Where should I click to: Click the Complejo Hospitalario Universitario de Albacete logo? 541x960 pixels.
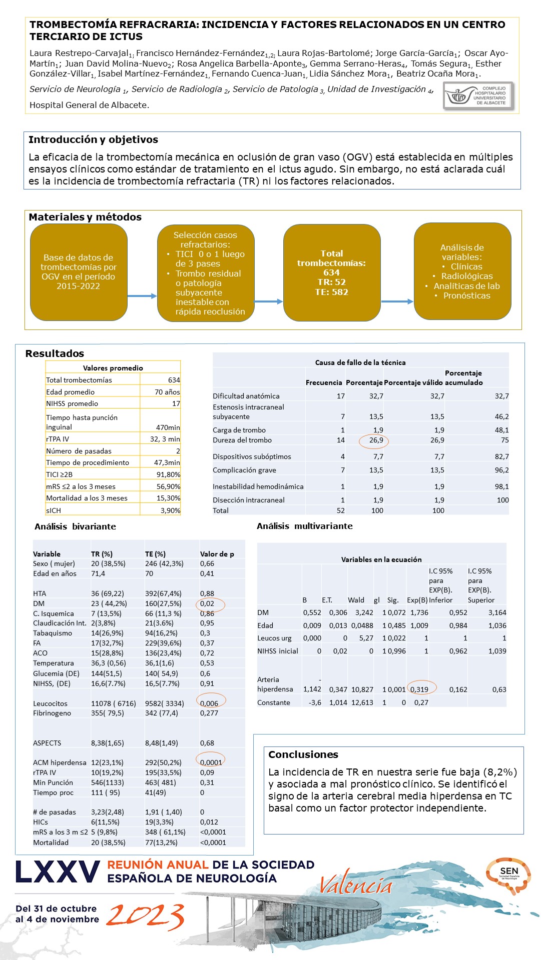(478, 95)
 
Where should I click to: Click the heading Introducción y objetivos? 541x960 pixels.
(93, 140)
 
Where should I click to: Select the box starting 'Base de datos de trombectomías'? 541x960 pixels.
(79, 272)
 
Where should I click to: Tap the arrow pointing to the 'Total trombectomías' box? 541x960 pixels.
(269, 301)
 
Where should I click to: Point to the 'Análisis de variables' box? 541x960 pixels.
(462, 271)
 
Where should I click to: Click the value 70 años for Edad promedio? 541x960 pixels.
(167, 392)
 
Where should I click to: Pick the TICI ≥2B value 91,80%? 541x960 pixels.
(168, 474)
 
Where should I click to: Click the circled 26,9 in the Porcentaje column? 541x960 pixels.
(376, 440)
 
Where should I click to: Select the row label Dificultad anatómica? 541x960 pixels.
(246, 396)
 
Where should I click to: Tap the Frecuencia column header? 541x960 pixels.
(324, 382)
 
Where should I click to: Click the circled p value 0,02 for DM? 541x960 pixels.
(208, 603)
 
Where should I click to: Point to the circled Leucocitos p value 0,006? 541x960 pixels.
(209, 703)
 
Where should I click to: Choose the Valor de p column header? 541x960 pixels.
(217, 554)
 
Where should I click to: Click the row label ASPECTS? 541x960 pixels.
(47, 743)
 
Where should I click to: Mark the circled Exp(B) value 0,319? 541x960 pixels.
(419, 689)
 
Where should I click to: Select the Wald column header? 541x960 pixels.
(356, 600)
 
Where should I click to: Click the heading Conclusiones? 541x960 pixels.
(303, 754)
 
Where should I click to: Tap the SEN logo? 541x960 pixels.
(508, 874)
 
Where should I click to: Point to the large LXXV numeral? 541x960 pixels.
(58, 872)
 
